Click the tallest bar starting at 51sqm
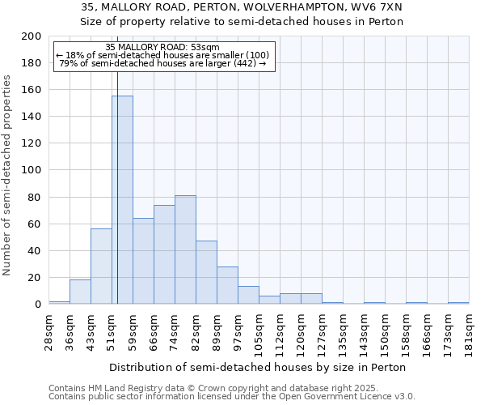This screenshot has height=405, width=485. (122, 200)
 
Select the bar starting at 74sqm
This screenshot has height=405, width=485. (185, 249)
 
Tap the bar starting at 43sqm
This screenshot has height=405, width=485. (101, 266)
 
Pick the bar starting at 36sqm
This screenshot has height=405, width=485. (80, 292)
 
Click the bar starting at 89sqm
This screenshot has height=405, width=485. (227, 285)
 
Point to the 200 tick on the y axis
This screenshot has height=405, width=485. (32, 36)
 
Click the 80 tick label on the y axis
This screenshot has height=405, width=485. (35, 197)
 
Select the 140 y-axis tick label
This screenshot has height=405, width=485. (32, 117)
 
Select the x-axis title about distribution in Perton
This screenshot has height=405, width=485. (258, 367)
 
